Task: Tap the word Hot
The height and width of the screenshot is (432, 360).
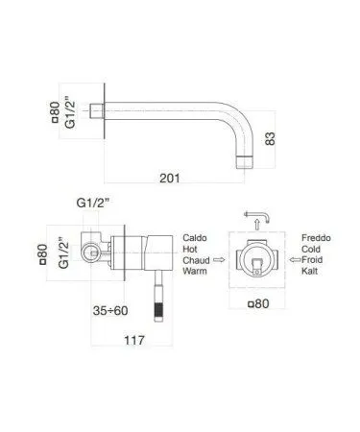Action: pos(191,249)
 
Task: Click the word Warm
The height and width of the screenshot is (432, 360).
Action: pos(196,273)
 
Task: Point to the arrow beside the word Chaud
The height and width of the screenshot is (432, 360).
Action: pos(221,260)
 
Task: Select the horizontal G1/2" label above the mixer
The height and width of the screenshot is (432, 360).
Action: pos(93,203)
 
